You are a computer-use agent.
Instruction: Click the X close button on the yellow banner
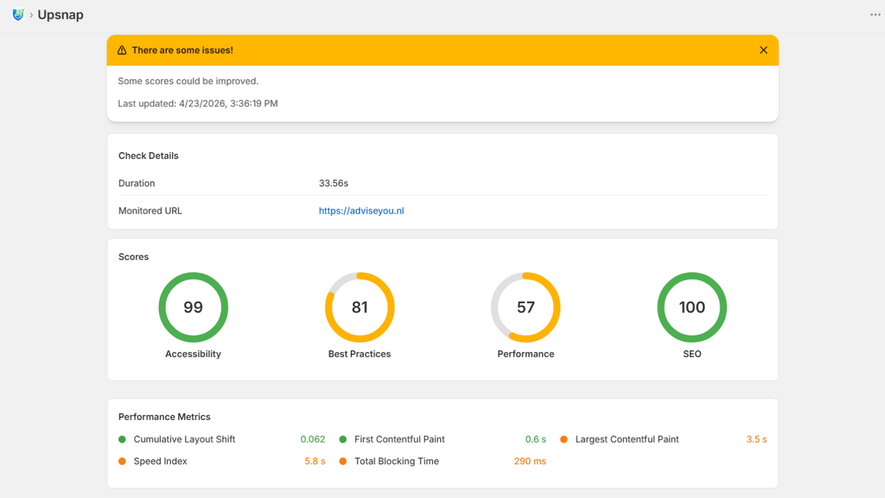763,50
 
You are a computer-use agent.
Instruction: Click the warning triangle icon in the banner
122,50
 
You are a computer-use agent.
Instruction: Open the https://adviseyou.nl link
361,211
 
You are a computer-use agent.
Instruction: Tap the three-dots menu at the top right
875,15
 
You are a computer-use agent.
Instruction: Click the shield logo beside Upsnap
18,15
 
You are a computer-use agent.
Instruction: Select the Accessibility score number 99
193,307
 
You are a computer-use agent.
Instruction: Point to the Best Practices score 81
360,307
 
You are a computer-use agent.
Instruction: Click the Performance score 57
525,307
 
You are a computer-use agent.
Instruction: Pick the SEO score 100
692,307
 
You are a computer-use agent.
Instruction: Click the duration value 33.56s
333,183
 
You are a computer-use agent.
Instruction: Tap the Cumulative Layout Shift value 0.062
313,439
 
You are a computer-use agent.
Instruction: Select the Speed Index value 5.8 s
315,461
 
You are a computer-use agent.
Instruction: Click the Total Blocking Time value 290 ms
530,461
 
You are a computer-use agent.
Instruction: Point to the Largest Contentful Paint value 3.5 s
756,439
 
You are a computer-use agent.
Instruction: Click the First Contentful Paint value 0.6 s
535,439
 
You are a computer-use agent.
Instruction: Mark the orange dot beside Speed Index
122,461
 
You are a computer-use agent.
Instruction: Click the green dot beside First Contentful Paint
343,439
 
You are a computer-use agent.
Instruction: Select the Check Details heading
148,156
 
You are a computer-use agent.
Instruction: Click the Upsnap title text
60,15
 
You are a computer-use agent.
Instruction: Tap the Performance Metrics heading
165,416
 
